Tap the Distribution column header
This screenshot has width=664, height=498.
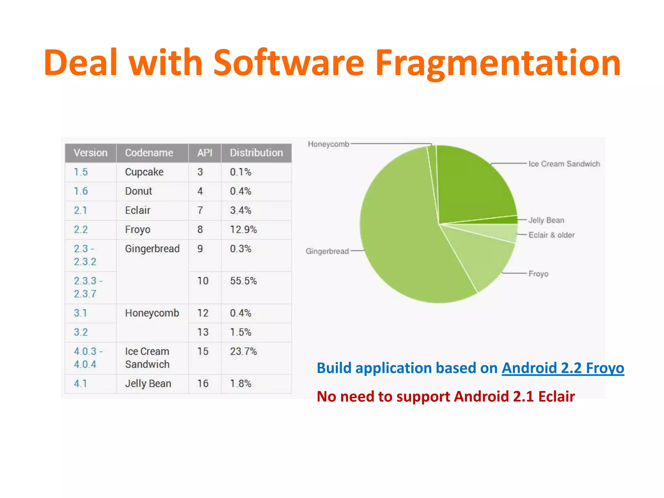[256, 153]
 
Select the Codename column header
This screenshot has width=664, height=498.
[149, 153]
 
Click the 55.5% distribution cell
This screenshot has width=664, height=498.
[243, 281]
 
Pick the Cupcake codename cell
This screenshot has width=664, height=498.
[144, 172]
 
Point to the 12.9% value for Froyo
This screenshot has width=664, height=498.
[243, 230]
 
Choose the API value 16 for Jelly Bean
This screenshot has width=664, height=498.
[203, 384]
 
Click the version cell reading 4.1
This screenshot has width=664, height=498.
[80, 384]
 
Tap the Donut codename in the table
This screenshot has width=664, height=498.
[138, 191]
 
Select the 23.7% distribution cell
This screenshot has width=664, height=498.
[243, 351]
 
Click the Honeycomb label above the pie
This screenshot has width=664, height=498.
[328, 144]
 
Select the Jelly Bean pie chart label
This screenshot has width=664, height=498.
[546, 220]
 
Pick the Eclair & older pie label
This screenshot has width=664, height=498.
[551, 235]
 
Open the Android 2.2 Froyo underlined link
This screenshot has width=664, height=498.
[563, 368]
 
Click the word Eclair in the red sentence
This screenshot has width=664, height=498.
[556, 397]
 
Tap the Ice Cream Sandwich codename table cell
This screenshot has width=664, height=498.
[147, 358]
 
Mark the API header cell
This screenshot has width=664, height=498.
[205, 153]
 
